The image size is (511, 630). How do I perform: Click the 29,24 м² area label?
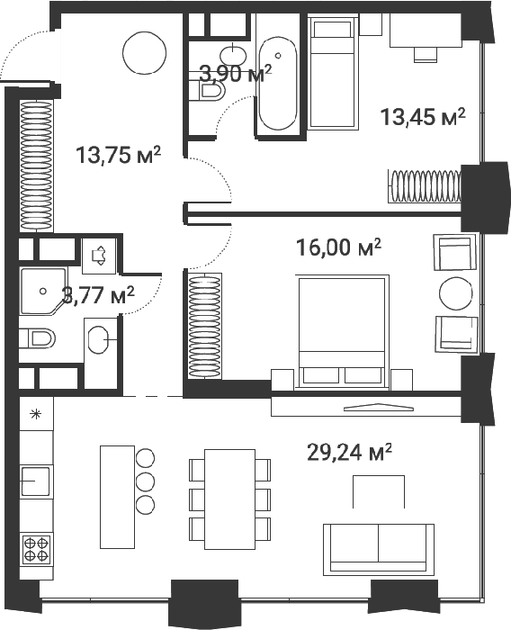[x=349, y=453]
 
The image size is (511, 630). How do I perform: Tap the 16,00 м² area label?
[x=338, y=247]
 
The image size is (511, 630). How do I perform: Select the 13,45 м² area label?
[x=423, y=117]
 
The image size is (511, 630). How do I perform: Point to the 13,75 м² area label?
[x=118, y=155]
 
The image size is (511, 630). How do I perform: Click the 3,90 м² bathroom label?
[x=236, y=74]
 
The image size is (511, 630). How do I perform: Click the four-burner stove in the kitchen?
[x=36, y=550]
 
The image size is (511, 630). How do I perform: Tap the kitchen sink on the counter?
[x=35, y=481]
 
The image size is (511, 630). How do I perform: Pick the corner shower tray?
[x=43, y=292]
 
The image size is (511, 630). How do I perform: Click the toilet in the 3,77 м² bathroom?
[x=37, y=338]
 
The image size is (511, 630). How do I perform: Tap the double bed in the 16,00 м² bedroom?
[x=343, y=331]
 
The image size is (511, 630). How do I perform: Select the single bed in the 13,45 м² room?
[x=333, y=72]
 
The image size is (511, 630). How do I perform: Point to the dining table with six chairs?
[x=229, y=499]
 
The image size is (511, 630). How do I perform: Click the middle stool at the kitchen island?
[x=145, y=481]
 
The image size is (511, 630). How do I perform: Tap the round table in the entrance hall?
[x=144, y=52]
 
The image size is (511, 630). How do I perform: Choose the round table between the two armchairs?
[x=456, y=293]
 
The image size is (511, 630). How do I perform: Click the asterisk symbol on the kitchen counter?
[x=36, y=414]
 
